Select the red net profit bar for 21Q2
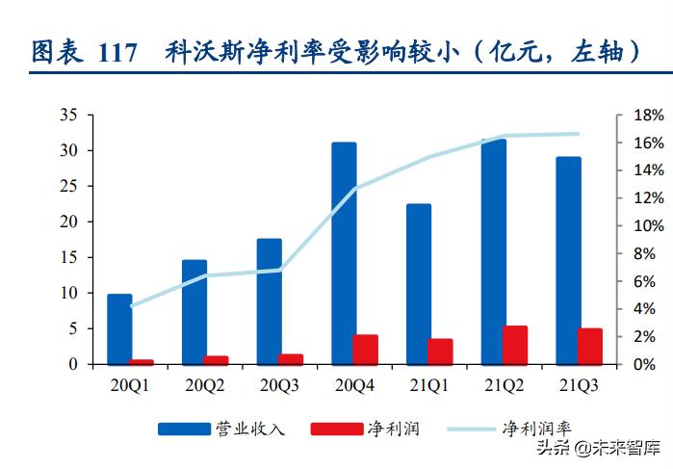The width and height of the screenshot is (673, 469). [515, 346]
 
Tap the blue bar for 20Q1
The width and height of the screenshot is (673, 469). [119, 329]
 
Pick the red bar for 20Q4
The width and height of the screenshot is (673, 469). [365, 350]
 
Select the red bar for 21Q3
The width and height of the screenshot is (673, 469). [590, 347]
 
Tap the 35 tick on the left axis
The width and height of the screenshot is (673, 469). [68, 115]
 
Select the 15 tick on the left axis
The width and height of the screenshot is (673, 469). [68, 257]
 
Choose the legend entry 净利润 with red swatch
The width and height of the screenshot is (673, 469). [392, 428]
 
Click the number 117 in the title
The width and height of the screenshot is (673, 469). [119, 51]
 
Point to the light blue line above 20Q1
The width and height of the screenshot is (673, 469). [131, 305]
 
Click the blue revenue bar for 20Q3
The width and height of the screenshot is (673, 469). [269, 301]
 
